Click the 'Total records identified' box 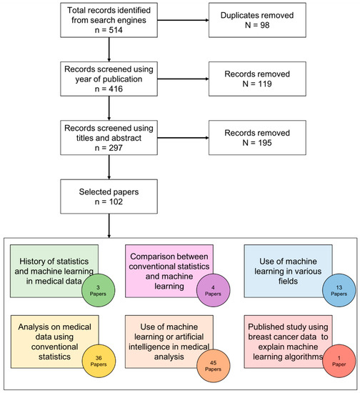pos(108,26)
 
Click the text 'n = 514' pos(108,37)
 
